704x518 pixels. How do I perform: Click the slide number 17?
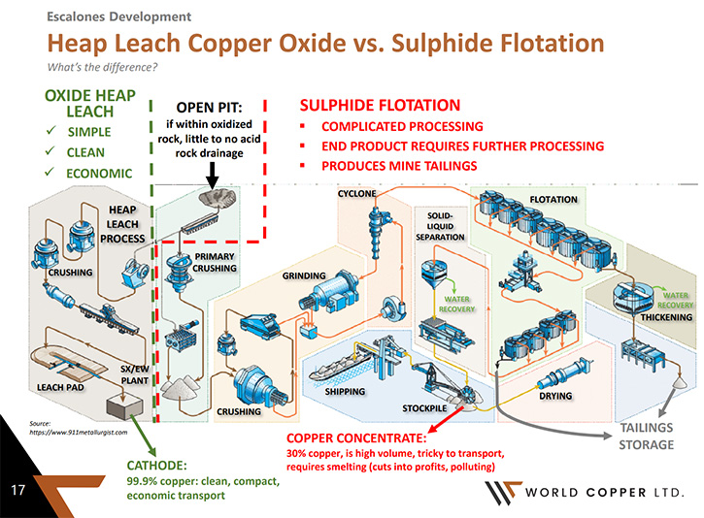[x=17, y=489]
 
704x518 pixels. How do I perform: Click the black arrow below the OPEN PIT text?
[x=212, y=175]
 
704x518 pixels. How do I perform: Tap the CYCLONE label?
[x=357, y=193]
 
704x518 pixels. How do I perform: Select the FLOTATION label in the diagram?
[x=553, y=200]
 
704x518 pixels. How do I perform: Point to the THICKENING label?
[x=666, y=317]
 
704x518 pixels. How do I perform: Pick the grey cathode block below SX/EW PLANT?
[x=124, y=405]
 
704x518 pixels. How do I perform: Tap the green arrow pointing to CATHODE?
[x=143, y=435]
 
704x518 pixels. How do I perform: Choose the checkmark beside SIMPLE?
[x=50, y=131]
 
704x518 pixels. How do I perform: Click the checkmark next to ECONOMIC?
[x=50, y=172]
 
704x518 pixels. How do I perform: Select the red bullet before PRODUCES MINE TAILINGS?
[x=303, y=166]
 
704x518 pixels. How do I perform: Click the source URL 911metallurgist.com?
[x=78, y=433]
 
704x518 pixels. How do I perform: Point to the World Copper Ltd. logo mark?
[x=503, y=493]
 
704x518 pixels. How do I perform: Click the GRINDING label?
[x=304, y=275]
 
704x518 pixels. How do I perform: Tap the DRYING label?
[x=555, y=396]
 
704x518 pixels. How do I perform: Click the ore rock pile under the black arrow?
[x=218, y=197]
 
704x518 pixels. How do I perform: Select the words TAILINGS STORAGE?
[x=647, y=436]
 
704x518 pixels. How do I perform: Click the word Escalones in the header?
[x=76, y=16]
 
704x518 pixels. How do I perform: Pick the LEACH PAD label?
[x=60, y=387]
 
